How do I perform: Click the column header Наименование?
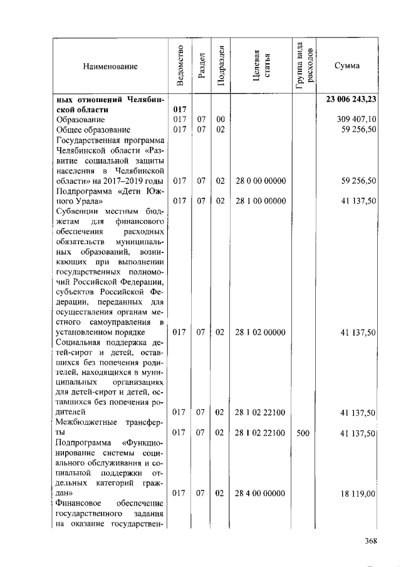pyautogui.click(x=110, y=66)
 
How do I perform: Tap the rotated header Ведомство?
pyautogui.click(x=180, y=65)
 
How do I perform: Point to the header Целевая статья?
pyautogui.click(x=261, y=66)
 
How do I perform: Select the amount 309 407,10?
pyautogui.click(x=357, y=119)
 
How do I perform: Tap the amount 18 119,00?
pyautogui.click(x=358, y=494)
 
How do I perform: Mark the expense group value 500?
pyautogui.click(x=303, y=433)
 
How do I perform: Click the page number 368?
pyautogui.click(x=372, y=541)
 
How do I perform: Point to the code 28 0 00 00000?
pyautogui.click(x=261, y=181)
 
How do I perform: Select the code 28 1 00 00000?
pyautogui.click(x=261, y=201)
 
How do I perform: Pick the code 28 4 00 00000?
pyautogui.click(x=261, y=494)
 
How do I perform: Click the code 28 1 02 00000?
pyautogui.click(x=261, y=332)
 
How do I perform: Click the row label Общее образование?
pyautogui.click(x=93, y=130)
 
